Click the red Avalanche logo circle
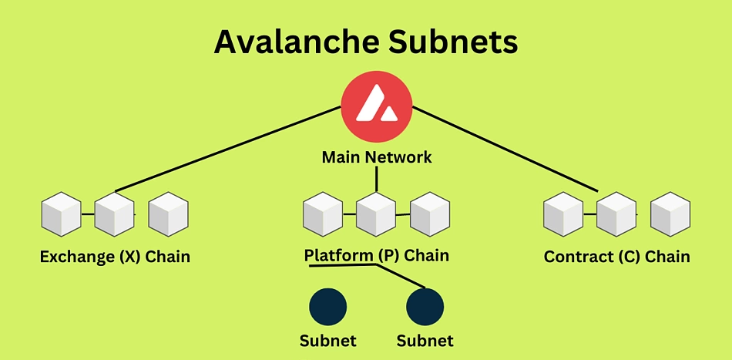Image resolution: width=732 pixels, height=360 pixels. (376, 107)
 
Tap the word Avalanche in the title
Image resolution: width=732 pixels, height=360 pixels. (297, 43)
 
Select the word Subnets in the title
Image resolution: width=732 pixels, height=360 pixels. (452, 43)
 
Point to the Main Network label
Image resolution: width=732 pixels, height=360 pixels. (377, 157)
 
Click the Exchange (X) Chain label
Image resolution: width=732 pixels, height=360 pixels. (115, 257)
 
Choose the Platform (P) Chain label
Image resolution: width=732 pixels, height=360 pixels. (376, 256)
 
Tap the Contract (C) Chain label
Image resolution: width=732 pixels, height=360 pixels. (616, 257)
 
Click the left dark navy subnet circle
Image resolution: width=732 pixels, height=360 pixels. (328, 307)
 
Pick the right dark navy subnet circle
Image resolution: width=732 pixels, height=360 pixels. (425, 307)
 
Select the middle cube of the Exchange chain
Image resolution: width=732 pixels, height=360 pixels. (114, 214)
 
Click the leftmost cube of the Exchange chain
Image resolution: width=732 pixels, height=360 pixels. (61, 214)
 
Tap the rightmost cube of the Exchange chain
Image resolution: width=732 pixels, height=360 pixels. (169, 214)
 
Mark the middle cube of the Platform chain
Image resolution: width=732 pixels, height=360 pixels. (376, 214)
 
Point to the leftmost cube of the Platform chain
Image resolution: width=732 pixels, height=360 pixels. (323, 214)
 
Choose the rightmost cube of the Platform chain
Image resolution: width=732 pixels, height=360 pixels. (430, 214)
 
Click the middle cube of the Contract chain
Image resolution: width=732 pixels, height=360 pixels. (616, 214)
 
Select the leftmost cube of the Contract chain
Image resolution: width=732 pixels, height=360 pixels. (563, 214)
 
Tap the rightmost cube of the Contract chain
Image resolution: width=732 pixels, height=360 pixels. (670, 214)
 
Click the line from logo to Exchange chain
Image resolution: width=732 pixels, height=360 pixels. (228, 149)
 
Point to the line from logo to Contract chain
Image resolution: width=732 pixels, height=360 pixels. (505, 149)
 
